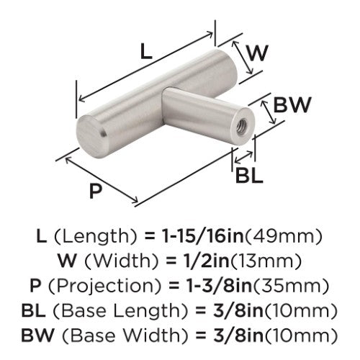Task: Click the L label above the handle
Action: [x=146, y=52]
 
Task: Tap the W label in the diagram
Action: [x=257, y=53]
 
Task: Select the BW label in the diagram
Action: [x=292, y=104]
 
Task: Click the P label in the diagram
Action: [x=96, y=191]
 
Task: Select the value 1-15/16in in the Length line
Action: [x=202, y=236]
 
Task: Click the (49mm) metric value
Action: [x=284, y=237]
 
